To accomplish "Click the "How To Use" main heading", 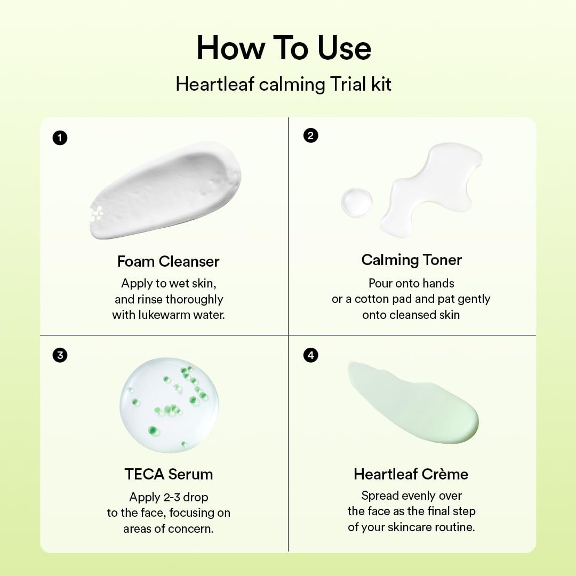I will pos(284,48).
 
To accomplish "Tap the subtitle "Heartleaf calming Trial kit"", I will pos(284,85).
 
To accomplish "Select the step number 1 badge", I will pos(60,138).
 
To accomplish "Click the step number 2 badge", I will pos(310,135).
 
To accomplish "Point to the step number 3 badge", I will pos(60,355).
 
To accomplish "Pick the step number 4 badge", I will pos(310,355).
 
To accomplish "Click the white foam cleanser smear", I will pos(165,190).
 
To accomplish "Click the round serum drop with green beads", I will pos(169,404).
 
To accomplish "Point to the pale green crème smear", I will pos(413,401).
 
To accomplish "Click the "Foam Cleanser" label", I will pos(169,261).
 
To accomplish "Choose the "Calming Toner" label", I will pos(411,260).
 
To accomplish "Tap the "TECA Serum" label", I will pos(169,474).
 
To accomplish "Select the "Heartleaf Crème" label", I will pos(411,474).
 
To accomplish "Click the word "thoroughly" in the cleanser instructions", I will pos(194,299).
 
